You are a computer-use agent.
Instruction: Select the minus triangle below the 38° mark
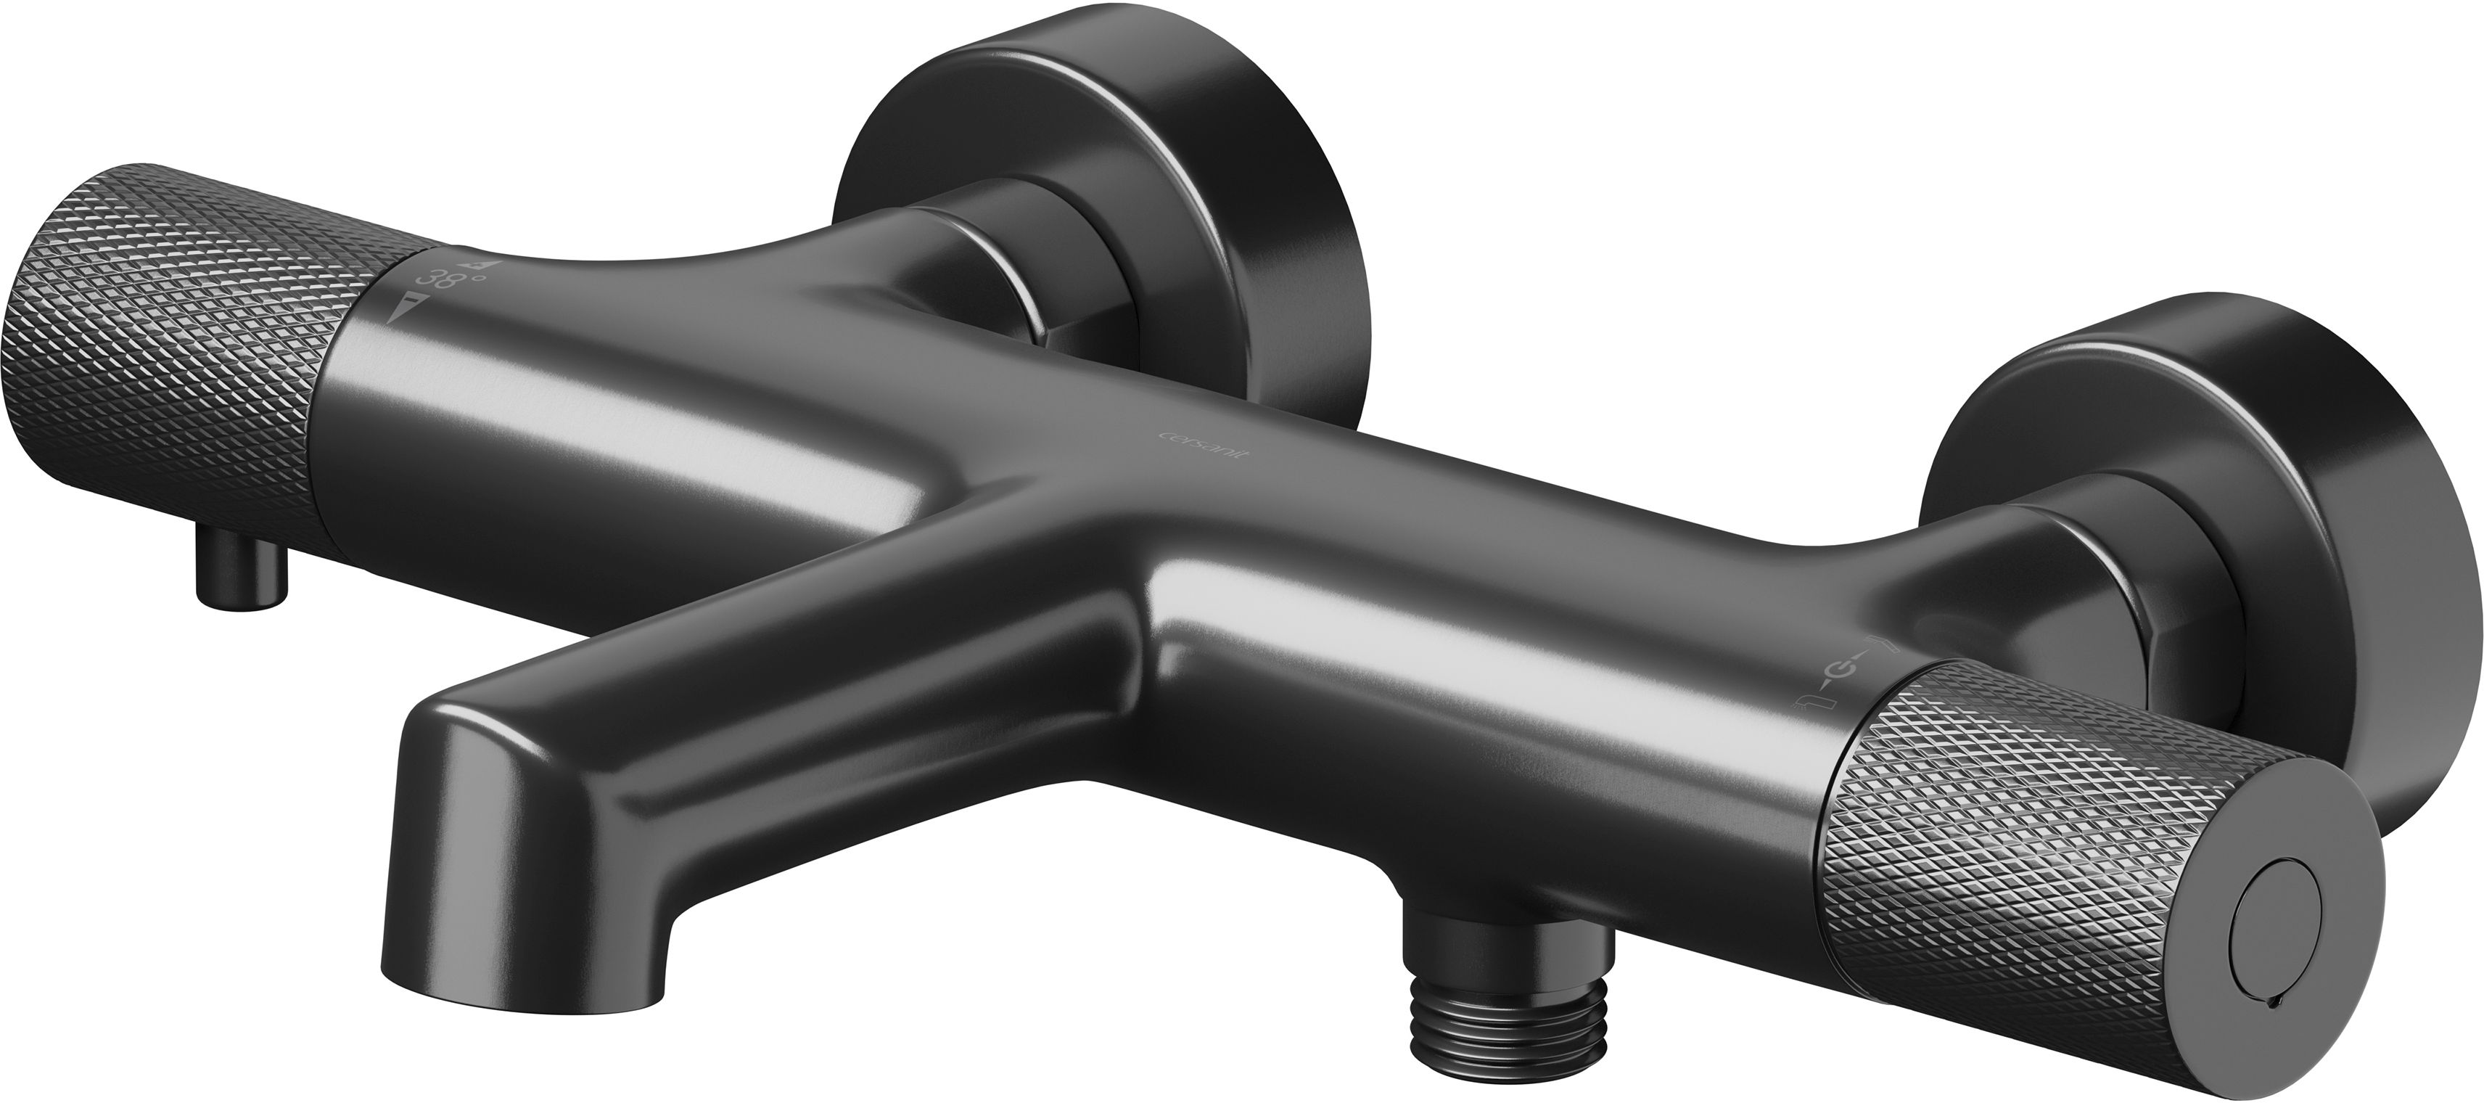coord(404,311)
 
